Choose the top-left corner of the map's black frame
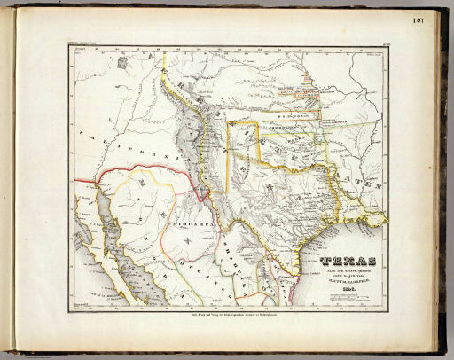point(69,47)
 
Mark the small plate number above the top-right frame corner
point(381,43)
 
